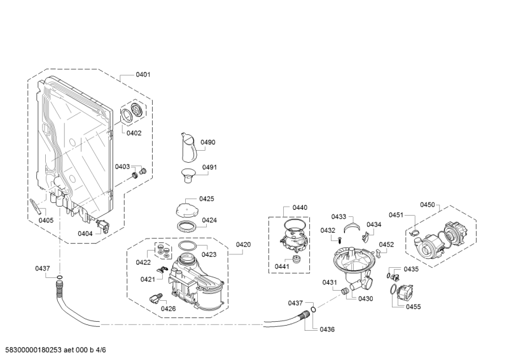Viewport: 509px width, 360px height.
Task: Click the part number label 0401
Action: [143, 75]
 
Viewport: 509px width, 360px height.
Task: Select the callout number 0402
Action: [134, 133]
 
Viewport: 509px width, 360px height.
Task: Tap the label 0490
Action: [208, 142]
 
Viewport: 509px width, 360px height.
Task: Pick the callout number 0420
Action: [243, 244]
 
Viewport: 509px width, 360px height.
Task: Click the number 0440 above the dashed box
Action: [300, 207]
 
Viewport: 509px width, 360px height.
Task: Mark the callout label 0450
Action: [427, 205]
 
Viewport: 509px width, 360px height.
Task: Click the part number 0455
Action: [414, 307]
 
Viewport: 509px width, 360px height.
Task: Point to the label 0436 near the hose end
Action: [327, 329]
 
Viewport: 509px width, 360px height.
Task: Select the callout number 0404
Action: [85, 233]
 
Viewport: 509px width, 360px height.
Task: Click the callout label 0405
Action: [46, 220]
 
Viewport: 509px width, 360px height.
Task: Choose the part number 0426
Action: [168, 308]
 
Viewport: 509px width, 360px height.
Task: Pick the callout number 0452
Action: [386, 244]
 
